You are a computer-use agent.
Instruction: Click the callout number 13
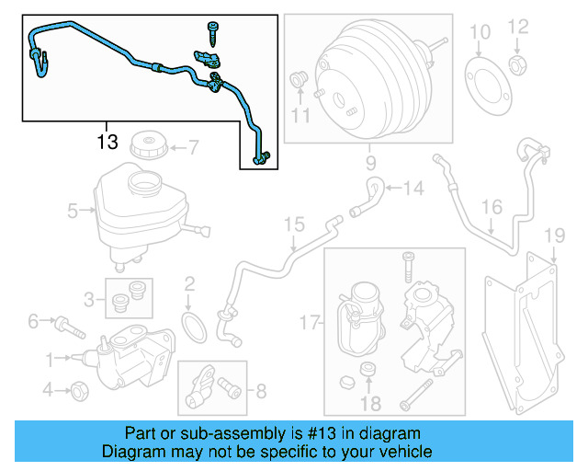[x=107, y=142]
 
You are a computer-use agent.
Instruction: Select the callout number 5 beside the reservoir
[x=73, y=211]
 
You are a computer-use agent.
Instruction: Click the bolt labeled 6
[x=68, y=323]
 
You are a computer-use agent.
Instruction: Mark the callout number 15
[x=293, y=224]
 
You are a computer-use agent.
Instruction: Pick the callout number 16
[x=492, y=207]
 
